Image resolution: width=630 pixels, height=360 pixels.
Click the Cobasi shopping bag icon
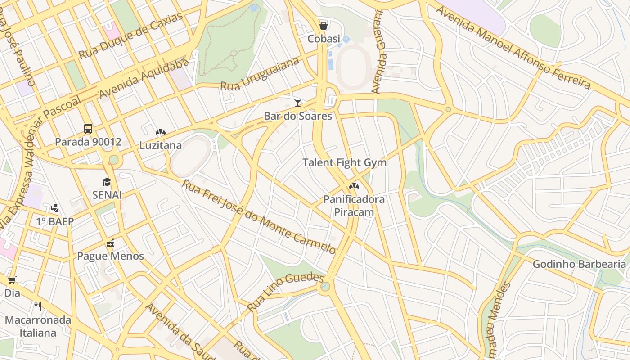click(323, 26)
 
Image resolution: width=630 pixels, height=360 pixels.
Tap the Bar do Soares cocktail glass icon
click(297, 103)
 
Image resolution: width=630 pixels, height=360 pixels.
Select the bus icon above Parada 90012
click(88, 129)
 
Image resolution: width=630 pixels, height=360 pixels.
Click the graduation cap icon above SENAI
click(107, 182)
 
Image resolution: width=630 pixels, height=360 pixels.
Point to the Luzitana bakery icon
click(160, 132)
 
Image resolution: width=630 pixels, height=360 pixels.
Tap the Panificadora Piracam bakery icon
click(354, 185)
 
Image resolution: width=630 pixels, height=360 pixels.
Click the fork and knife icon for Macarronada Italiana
click(38, 306)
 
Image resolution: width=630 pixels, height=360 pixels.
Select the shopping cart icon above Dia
click(12, 280)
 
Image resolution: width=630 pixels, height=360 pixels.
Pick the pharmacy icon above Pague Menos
click(110, 243)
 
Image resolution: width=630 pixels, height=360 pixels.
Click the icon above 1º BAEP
click(54, 208)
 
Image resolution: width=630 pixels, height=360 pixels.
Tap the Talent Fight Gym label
click(344, 162)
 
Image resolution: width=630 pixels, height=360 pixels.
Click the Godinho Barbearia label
click(579, 264)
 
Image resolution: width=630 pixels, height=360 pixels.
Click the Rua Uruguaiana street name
click(260, 74)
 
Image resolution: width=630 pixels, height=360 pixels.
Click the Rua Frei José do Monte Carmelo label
click(259, 216)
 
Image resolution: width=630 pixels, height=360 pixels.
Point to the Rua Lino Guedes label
click(285, 292)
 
